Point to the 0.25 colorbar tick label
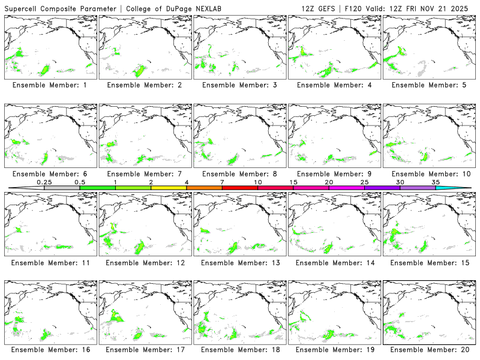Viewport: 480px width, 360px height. (x=44, y=182)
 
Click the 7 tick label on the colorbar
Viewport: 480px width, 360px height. (x=222, y=182)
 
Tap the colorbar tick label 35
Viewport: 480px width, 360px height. (x=436, y=182)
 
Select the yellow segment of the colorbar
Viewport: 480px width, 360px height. (x=169, y=188)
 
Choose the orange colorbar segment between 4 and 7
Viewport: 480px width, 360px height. (x=204, y=188)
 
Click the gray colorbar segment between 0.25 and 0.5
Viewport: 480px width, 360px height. (x=62, y=188)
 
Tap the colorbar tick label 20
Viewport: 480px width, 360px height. (x=329, y=182)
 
